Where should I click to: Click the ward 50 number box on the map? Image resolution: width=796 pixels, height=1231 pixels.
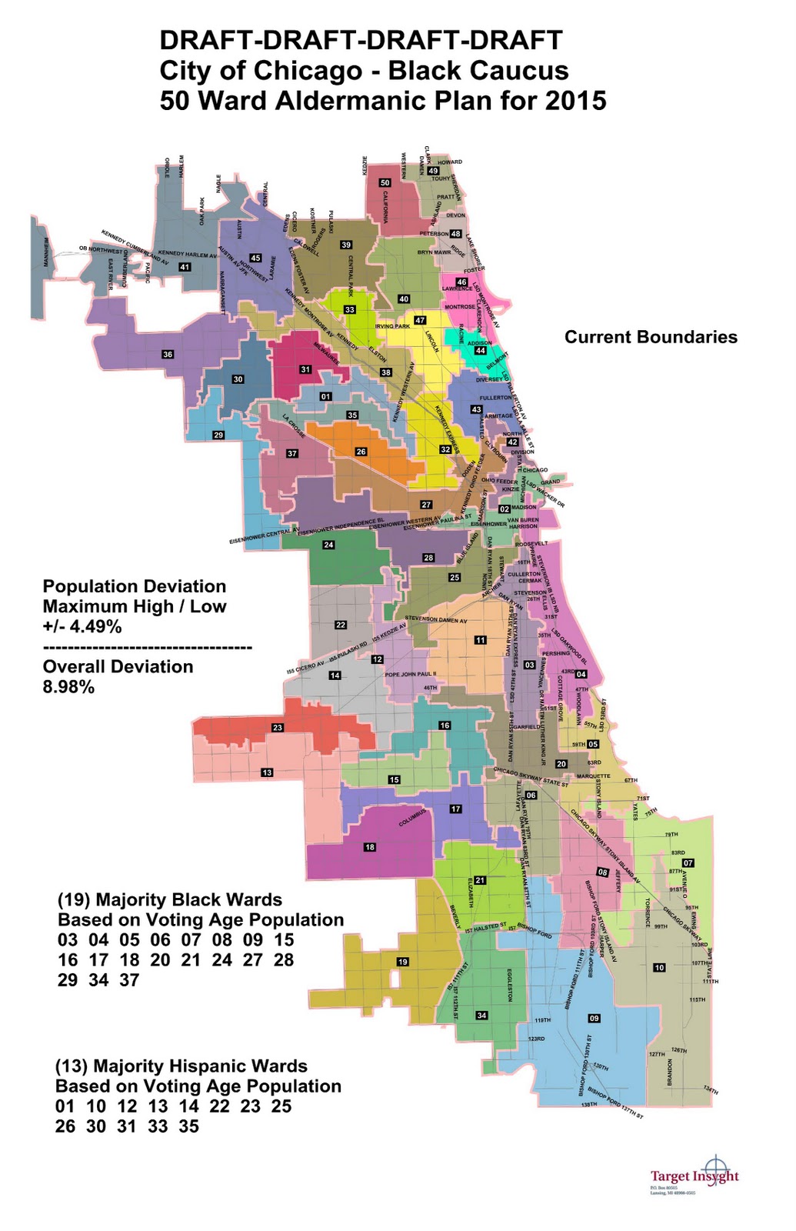(x=385, y=182)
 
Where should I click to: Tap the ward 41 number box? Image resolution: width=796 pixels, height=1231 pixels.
(x=185, y=267)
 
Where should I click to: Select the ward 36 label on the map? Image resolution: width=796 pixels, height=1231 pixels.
(x=168, y=355)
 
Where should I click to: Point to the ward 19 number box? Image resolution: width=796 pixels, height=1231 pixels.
(x=403, y=962)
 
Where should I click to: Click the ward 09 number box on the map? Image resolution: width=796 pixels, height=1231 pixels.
(x=594, y=1018)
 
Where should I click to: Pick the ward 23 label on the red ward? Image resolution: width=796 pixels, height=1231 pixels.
(x=278, y=727)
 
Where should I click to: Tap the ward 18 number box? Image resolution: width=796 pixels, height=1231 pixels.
(x=370, y=847)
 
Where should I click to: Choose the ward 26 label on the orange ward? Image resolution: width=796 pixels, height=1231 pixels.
(x=361, y=452)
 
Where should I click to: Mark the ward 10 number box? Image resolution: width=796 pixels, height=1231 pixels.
(x=659, y=967)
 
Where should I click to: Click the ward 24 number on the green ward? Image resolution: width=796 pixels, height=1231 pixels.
(x=328, y=545)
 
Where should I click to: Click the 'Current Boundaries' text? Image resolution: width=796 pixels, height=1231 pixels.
(x=651, y=337)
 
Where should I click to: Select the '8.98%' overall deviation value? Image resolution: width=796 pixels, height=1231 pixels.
(x=68, y=687)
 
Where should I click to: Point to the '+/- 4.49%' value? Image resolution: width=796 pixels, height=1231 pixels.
(x=82, y=626)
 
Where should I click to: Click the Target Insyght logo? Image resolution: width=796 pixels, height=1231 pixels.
(x=694, y=1175)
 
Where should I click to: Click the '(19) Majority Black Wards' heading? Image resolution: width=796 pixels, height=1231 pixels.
(x=170, y=899)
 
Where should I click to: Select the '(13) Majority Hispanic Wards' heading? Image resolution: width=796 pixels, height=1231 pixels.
(x=182, y=1066)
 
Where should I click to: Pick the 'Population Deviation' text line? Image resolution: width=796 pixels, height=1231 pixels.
(x=135, y=586)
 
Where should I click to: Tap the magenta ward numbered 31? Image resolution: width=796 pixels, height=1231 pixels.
(x=305, y=369)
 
